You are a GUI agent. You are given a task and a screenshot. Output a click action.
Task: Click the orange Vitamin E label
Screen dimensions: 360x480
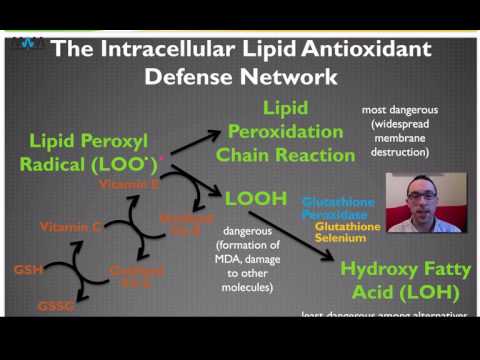pyautogui.click(x=127, y=185)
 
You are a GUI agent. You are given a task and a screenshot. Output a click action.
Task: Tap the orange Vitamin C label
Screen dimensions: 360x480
pyautogui.click(x=71, y=228)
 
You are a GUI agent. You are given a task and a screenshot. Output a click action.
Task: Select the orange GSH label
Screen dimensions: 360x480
pyautogui.click(x=27, y=270)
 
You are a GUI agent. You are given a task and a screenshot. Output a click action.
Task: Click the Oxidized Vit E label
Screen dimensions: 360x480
pyautogui.click(x=185, y=222)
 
